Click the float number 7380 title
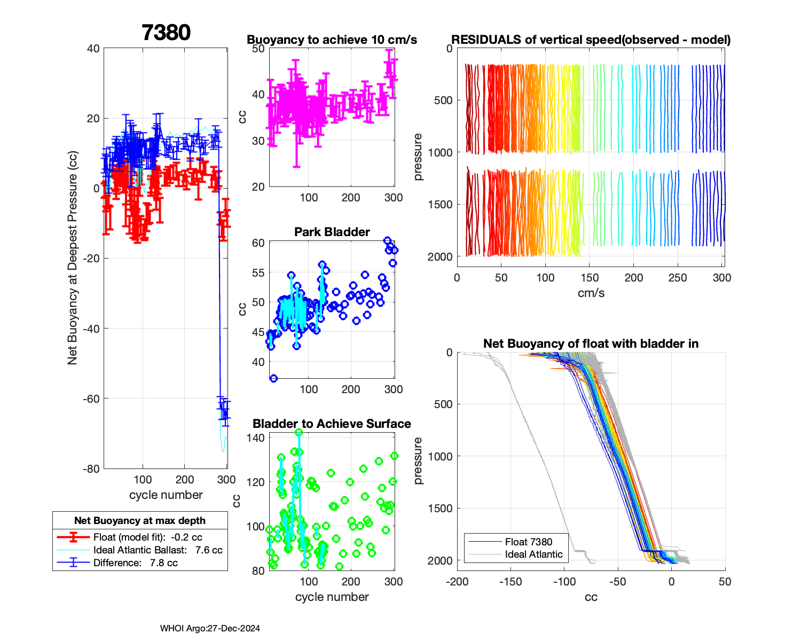[166, 33]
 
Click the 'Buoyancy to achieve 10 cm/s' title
[332, 40]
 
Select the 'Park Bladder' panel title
[332, 232]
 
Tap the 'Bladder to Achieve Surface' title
[332, 424]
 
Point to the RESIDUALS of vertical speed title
[591, 40]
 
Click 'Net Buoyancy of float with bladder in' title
[591, 343]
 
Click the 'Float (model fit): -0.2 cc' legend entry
[147, 537]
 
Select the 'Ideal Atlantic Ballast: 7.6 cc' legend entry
[158, 550]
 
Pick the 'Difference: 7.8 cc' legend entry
[135, 563]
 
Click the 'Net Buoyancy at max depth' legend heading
[140, 521]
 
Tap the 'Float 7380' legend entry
[528, 542]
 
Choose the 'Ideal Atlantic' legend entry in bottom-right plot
[533, 554]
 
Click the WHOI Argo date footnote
[210, 629]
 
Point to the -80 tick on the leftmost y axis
[92, 469]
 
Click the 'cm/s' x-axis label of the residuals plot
[591, 293]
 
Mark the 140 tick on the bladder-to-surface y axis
[256, 438]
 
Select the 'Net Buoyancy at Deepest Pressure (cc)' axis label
[73, 258]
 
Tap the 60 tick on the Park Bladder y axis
[258, 243]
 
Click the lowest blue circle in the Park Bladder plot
[273, 379]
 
